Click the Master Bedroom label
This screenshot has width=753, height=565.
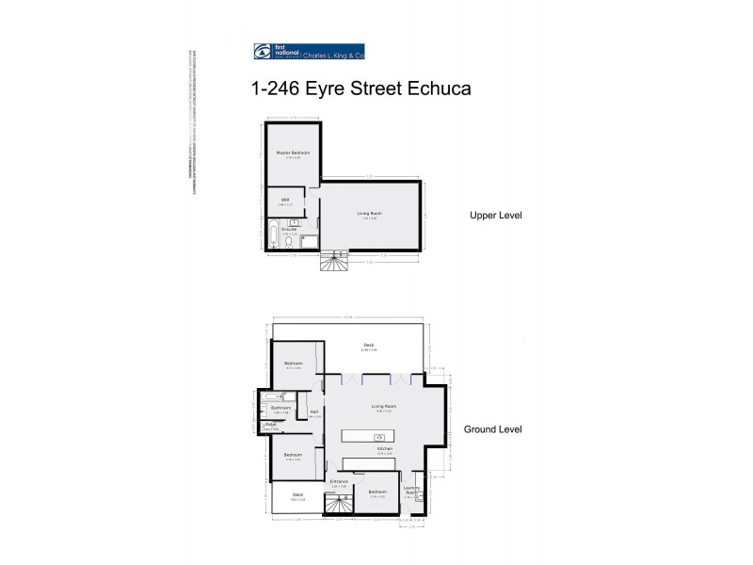pos(293,153)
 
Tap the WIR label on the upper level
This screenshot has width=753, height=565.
pos(285,201)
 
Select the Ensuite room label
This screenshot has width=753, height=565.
pos(289,228)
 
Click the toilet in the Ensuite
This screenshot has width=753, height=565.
pos(287,242)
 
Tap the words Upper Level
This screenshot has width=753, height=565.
pos(494,215)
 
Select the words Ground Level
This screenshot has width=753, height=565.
pos(493,429)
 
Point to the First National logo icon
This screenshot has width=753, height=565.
pos(263,52)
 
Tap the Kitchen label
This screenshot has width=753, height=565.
pos(384,449)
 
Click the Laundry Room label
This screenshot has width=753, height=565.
pos(410,489)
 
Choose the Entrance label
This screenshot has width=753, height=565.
pos(339,482)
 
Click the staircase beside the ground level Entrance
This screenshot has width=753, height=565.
pos(337,505)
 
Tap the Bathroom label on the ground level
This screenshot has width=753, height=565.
pos(280,408)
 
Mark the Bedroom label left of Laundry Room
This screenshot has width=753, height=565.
pos(377,492)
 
